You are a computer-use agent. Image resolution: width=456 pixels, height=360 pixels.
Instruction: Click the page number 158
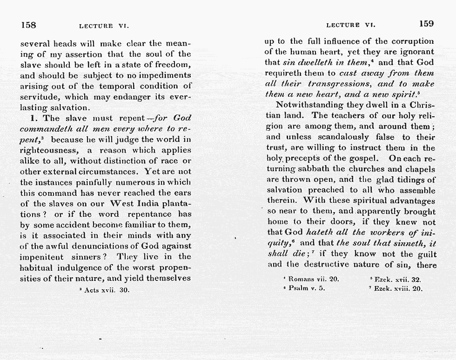[x=29, y=24]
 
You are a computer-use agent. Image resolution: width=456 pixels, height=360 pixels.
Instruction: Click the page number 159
[x=426, y=23]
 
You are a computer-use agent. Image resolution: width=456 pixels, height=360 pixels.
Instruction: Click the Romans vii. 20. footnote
[x=311, y=280]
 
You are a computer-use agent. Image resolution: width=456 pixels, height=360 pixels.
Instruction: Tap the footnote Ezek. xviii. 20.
[x=395, y=288]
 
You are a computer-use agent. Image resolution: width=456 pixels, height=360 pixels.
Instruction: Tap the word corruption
[x=410, y=41]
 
